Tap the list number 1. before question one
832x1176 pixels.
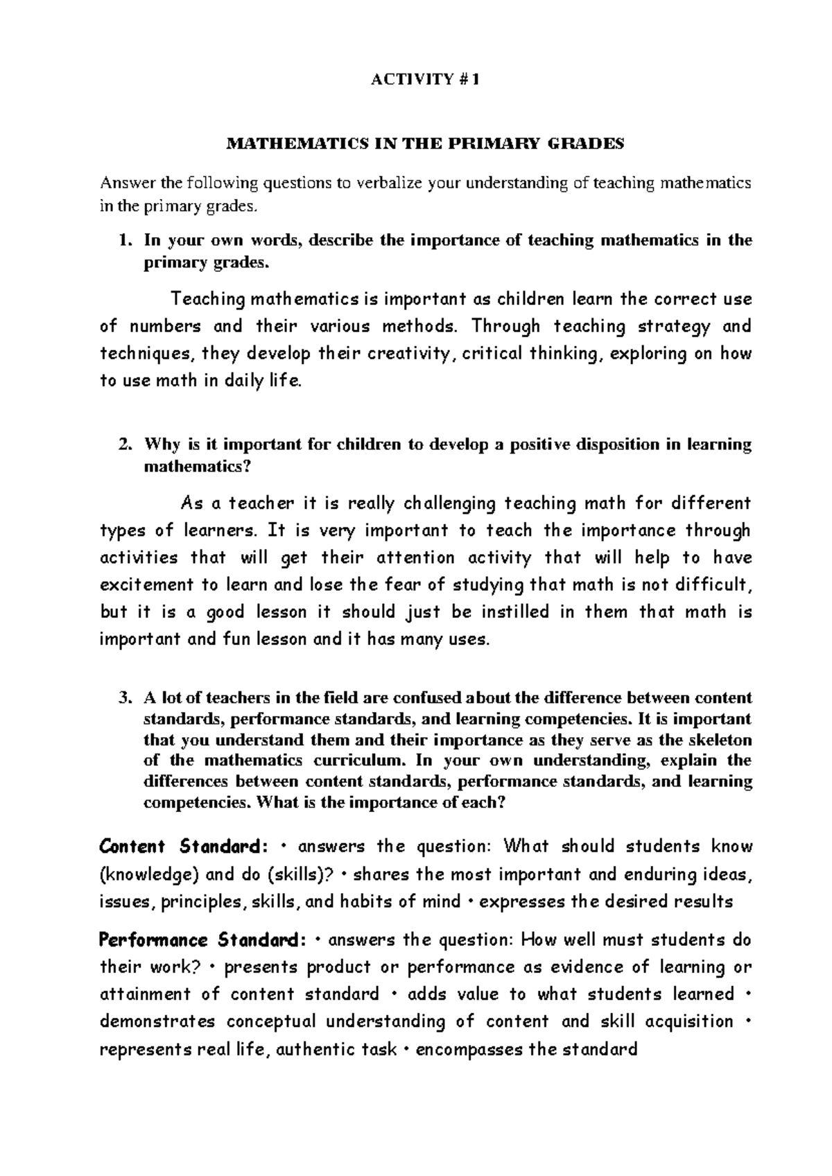coord(124,241)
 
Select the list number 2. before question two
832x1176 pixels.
coord(124,445)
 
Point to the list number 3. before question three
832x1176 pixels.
coord(124,698)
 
